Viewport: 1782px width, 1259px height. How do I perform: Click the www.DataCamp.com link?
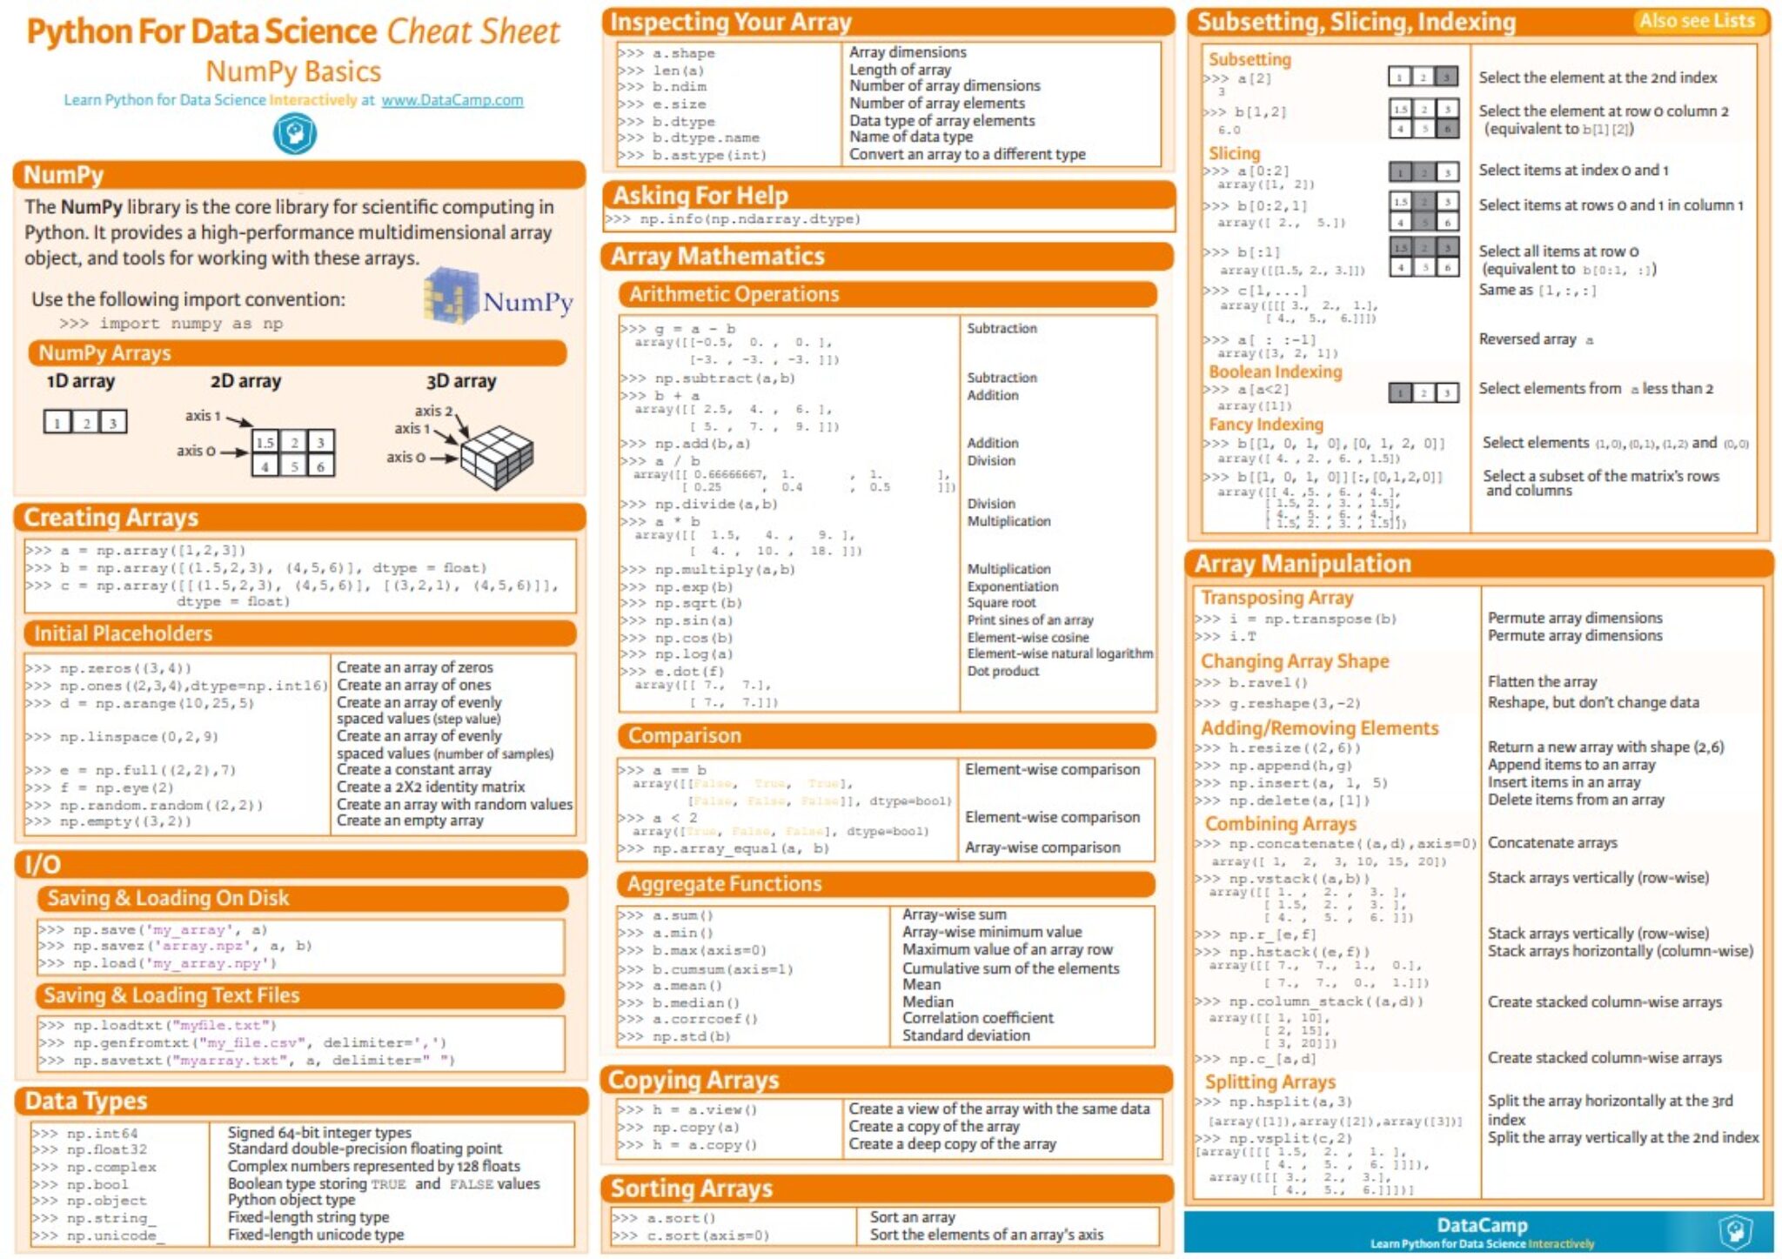coord(452,100)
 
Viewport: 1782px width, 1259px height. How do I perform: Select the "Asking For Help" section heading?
coord(700,195)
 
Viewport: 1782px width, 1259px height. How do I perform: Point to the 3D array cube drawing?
coord(497,456)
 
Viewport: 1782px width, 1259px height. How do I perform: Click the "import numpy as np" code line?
coord(171,324)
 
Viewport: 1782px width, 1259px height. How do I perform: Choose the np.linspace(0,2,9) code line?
coord(138,737)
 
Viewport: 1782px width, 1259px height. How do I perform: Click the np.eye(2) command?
coord(117,787)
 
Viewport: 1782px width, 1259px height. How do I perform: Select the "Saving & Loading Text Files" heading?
coord(171,995)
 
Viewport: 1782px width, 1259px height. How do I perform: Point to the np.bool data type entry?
coord(97,1184)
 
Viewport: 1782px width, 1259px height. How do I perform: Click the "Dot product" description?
coord(1002,671)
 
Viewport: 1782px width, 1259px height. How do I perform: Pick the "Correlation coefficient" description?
coord(977,1018)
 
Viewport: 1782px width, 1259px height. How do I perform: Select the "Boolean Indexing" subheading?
coord(1275,372)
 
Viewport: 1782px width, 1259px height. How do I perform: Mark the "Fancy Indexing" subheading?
coord(1265,425)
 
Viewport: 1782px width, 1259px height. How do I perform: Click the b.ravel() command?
coord(1267,683)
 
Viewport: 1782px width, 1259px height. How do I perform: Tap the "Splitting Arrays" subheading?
coord(1270,1082)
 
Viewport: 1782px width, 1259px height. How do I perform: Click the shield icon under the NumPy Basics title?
coord(295,134)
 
